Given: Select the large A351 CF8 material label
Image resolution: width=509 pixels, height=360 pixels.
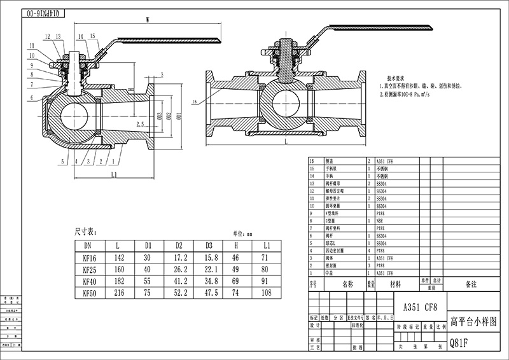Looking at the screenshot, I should click(416, 307).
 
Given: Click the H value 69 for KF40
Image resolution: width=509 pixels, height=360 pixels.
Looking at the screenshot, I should click(235, 281).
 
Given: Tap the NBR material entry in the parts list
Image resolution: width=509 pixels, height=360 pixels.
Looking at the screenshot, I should click(380, 219).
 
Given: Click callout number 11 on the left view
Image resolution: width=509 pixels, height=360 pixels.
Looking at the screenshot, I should click(31, 45).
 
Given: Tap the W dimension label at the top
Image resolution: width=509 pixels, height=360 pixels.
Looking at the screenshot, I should click(148, 20).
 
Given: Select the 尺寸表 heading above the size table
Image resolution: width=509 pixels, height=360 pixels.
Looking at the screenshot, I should click(85, 231).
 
